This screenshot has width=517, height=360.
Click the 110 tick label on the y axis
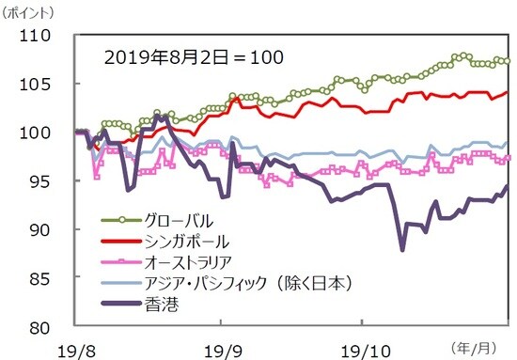click(x=43, y=39)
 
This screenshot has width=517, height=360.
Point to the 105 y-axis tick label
click(x=43, y=85)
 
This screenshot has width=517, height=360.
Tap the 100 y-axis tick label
click(x=43, y=133)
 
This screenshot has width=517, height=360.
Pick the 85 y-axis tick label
click(x=48, y=278)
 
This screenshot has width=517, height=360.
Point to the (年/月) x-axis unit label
click(x=481, y=344)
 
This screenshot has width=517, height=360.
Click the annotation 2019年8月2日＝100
click(x=194, y=56)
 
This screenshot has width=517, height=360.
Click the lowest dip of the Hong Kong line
click(x=402, y=250)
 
